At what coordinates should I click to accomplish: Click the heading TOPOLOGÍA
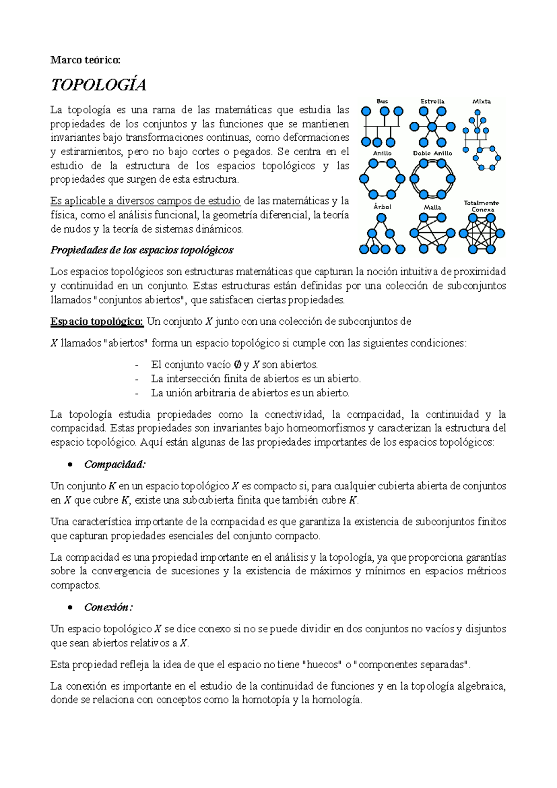[x=98, y=85]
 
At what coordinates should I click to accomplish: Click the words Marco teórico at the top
[x=85, y=60]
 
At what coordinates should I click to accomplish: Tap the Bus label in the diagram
[x=382, y=101]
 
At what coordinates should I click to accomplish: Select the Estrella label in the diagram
[x=432, y=101]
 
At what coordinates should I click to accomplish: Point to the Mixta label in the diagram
[x=481, y=101]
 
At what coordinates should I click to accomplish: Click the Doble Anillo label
[x=432, y=153]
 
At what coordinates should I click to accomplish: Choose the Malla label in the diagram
[x=432, y=207]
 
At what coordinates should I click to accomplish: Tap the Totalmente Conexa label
[x=482, y=206]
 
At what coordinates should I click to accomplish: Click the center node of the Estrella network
[x=433, y=127]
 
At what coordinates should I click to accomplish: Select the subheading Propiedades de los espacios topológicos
[x=142, y=250]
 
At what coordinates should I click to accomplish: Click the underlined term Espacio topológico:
[x=97, y=322]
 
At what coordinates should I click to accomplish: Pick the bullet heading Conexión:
[x=108, y=607]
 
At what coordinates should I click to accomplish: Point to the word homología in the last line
[x=337, y=700]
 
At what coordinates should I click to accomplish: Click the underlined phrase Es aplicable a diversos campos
[x=145, y=201]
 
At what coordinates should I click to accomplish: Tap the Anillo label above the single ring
[x=382, y=153]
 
